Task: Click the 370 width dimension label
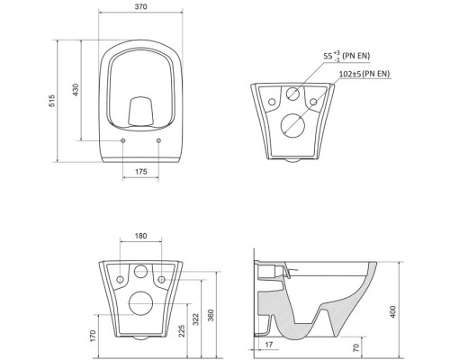point(140,6)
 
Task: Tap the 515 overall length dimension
point(52,101)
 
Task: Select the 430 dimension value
point(76,90)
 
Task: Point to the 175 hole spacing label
point(141,172)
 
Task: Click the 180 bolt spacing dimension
point(140,236)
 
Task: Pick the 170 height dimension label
point(93,336)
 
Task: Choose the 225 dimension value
point(182,330)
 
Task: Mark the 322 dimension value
point(195,319)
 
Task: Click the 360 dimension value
point(211,316)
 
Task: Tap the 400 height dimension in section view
point(393,312)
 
